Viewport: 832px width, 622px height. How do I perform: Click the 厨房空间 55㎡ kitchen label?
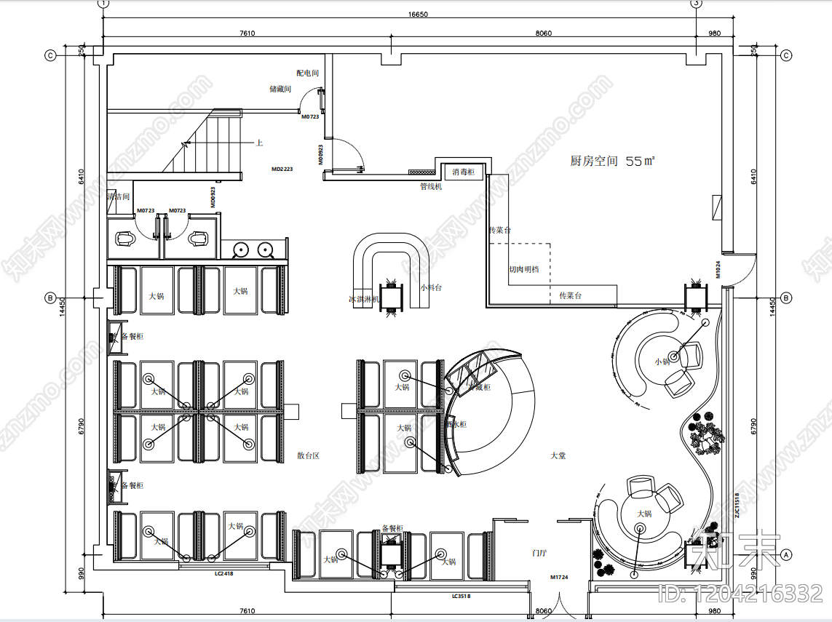pos(612,162)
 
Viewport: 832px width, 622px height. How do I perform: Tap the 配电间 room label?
pos(308,73)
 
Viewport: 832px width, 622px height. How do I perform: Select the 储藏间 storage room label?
pos(280,89)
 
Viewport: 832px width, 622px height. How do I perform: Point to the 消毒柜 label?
pos(464,172)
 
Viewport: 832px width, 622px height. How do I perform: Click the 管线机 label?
pos(431,186)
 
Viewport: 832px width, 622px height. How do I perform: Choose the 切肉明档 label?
pos(524,269)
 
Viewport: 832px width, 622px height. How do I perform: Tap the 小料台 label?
pos(431,287)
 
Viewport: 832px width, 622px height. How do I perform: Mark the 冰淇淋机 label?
pos(363,299)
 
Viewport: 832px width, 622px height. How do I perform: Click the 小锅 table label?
pos(661,362)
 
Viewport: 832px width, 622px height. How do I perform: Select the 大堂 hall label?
pos(558,456)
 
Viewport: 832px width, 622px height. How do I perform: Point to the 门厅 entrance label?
pos(539,554)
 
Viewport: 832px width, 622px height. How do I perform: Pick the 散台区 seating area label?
pos(309,456)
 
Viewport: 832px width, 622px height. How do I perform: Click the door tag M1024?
pos(717,270)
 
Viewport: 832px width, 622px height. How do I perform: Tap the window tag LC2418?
pos(223,574)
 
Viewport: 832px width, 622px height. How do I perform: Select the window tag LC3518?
pos(461,597)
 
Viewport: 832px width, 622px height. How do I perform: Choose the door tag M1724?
pos(559,578)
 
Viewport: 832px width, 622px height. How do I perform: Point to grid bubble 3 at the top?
pos(696,4)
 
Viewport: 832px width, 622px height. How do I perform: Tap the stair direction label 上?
pos(258,143)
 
